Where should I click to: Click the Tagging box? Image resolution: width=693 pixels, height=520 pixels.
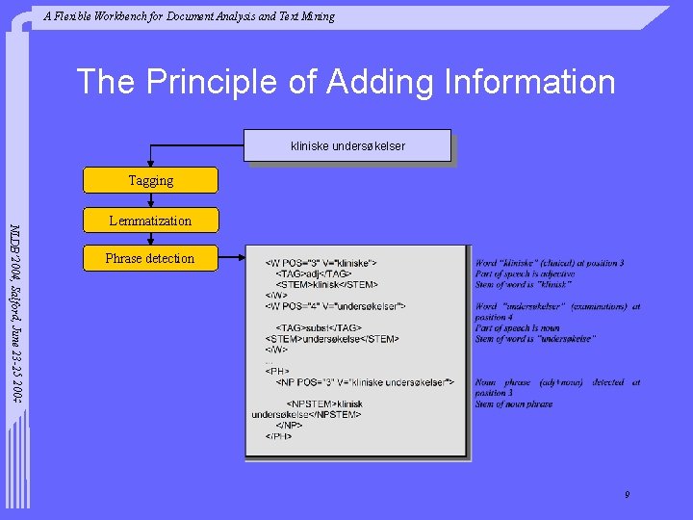click(150, 180)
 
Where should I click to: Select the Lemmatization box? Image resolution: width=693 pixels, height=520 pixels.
click(150, 221)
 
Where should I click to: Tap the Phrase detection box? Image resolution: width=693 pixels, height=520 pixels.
click(150, 258)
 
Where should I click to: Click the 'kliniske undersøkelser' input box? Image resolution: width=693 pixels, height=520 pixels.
click(347, 145)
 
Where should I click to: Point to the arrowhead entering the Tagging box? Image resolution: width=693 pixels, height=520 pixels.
click(150, 164)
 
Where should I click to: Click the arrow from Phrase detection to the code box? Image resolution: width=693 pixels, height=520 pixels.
click(231, 258)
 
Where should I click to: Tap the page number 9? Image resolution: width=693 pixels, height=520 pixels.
click(627, 495)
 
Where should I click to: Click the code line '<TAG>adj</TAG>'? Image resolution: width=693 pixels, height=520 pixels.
click(314, 274)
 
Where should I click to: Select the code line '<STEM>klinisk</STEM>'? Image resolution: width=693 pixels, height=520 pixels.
click(327, 285)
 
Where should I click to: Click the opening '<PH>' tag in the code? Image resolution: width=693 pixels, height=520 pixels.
click(277, 371)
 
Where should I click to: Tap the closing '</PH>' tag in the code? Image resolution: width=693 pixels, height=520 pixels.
click(279, 436)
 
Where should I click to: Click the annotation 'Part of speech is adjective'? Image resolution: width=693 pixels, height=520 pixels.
click(526, 274)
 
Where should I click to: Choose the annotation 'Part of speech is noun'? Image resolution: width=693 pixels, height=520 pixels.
click(518, 327)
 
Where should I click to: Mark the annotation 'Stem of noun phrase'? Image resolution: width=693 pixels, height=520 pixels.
click(514, 404)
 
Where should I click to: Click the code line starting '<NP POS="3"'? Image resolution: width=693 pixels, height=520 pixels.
click(364, 382)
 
